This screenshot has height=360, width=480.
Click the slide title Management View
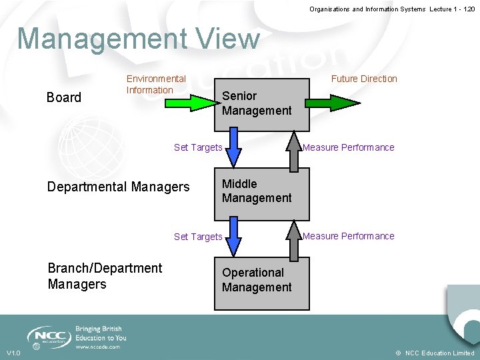coord(138,39)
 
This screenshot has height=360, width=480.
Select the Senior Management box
coord(261,103)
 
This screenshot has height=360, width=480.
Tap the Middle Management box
coord(261,193)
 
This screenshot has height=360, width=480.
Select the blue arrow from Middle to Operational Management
coord(233,237)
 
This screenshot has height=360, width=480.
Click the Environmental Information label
coord(156,85)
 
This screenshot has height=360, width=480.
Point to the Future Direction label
coord(364,79)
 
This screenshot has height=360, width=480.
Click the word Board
coord(64,97)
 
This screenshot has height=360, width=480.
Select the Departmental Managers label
coord(118,187)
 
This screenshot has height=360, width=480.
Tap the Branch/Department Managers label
coord(105,276)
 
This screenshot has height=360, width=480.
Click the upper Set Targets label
coord(198,147)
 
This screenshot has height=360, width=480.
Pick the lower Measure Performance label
coord(349,236)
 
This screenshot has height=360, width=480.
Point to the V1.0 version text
coord(13,353)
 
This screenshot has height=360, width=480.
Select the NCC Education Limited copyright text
coord(435,353)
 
